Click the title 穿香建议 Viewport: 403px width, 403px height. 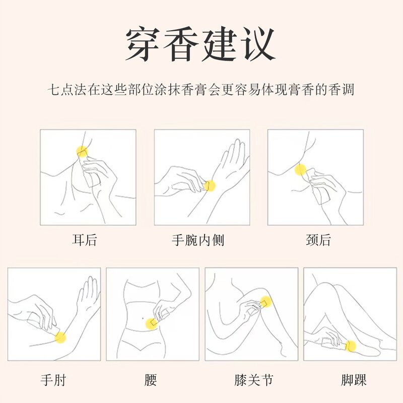pos(200,44)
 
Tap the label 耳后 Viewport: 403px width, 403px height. pos(84,240)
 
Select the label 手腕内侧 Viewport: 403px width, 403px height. pos(198,240)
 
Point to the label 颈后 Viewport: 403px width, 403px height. pos(318,240)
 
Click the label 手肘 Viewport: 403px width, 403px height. pos(53,380)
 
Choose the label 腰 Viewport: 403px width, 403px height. pos(151,380)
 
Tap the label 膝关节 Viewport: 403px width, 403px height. pos(253,380)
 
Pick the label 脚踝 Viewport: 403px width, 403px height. pos(354,380)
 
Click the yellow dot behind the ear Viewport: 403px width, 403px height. pos(82,152)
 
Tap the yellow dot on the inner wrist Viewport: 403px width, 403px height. pos(210,186)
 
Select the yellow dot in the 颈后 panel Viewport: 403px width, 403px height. pos(300,170)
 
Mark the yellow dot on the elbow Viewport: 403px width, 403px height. pos(60,338)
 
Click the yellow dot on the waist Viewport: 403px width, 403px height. pos(151,324)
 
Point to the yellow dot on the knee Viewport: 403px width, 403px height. pos(265,302)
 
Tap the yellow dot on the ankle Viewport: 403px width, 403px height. pos(351,346)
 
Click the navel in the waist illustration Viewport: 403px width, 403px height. pos(143,319)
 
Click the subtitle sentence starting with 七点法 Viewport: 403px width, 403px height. pos(201,90)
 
